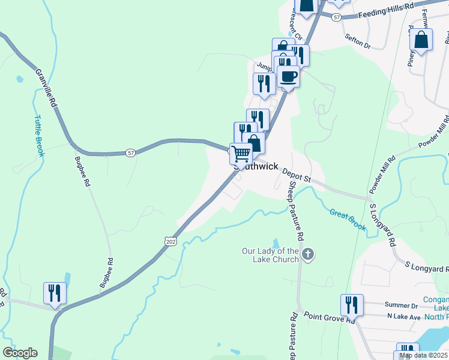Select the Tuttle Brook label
(x=40, y=136)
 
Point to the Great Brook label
(x=348, y=219)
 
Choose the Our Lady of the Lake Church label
(x=270, y=255)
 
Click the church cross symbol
(x=308, y=254)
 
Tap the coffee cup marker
(x=289, y=76)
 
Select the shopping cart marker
(x=241, y=153)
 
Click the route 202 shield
(x=170, y=240)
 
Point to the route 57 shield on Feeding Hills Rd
(x=336, y=18)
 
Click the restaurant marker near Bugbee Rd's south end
(x=55, y=293)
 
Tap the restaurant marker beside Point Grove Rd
(x=352, y=305)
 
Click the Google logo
(x=20, y=353)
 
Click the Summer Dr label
(x=402, y=306)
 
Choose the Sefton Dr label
(x=358, y=41)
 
